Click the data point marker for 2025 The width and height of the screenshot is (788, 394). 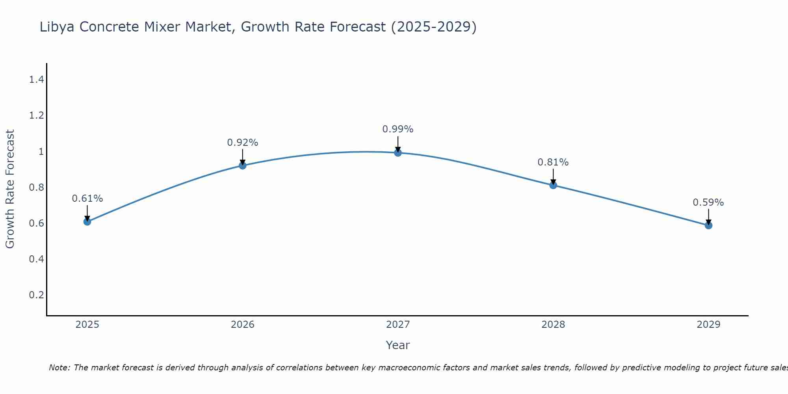[87, 221]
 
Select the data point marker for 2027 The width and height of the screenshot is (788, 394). [398, 152]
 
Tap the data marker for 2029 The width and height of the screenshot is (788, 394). [708, 225]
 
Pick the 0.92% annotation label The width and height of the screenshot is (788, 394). [242, 143]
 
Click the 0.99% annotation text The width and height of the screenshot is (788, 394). [398, 129]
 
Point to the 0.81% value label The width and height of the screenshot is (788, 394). [553, 162]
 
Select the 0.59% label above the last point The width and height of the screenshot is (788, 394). [708, 203]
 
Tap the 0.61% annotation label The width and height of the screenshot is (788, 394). [87, 199]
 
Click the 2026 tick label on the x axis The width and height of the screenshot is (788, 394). [242, 325]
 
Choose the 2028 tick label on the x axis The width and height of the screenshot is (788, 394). [553, 325]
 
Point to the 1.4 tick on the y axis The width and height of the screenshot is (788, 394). [36, 80]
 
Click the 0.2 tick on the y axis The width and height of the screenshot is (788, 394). [36, 295]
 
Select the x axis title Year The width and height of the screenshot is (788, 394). [398, 345]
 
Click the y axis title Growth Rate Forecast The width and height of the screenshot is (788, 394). [10, 189]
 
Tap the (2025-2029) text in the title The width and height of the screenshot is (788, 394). [433, 27]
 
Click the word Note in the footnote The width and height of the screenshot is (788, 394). [59, 368]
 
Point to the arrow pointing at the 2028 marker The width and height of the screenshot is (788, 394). [553, 177]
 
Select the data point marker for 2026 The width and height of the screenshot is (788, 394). [242, 165]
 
